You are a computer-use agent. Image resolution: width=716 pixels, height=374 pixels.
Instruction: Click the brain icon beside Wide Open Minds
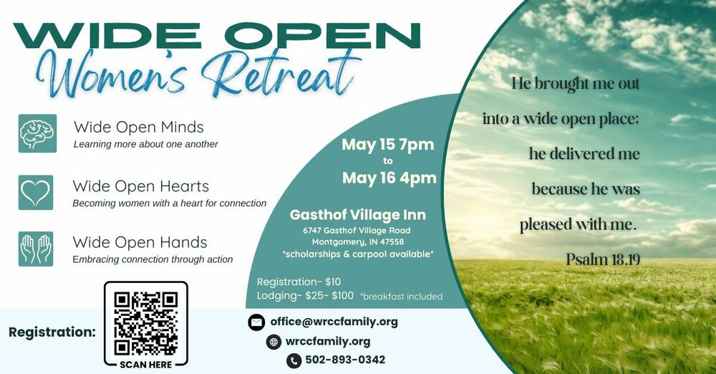click(x=37, y=134)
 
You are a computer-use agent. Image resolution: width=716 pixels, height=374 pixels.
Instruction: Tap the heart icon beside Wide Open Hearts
click(x=36, y=192)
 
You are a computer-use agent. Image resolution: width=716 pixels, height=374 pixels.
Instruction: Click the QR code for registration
click(x=146, y=322)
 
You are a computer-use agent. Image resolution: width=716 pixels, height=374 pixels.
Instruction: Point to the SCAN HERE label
click(x=146, y=364)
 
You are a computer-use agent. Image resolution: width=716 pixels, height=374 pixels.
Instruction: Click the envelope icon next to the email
click(x=256, y=322)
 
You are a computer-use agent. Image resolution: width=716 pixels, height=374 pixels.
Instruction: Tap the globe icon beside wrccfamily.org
click(x=274, y=342)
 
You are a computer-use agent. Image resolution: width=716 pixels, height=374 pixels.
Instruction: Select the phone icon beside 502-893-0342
click(x=294, y=360)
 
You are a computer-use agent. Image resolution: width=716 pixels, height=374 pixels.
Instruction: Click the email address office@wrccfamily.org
click(x=334, y=322)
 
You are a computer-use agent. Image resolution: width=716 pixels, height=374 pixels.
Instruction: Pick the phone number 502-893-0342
click(x=345, y=360)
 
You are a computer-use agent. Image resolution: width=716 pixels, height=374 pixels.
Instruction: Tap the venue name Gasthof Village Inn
click(x=357, y=215)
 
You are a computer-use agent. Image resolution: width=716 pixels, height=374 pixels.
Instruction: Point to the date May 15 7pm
click(x=387, y=145)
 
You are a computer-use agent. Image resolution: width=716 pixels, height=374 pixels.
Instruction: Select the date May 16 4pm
click(x=389, y=178)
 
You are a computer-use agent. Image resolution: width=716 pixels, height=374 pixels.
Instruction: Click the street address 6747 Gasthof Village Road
click(x=357, y=231)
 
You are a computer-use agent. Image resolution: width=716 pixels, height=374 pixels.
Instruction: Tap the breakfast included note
click(x=401, y=296)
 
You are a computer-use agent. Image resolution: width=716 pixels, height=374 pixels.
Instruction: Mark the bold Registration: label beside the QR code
click(x=52, y=332)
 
